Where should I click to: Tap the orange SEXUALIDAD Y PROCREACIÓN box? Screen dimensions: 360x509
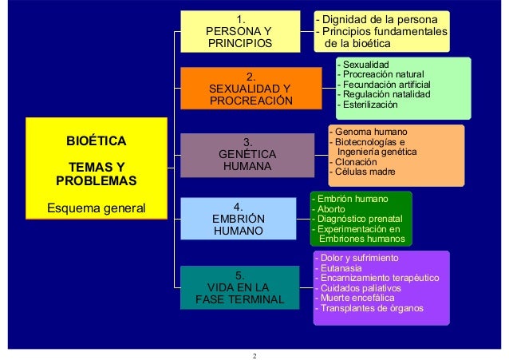[251, 89]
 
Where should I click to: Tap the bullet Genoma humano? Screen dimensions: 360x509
[369, 131]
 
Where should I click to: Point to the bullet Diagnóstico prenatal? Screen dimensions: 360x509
[358, 219]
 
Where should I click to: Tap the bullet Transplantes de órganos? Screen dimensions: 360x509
[371, 308]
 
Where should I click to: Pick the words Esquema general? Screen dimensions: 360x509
[97, 208]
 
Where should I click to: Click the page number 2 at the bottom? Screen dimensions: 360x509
[254, 354]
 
